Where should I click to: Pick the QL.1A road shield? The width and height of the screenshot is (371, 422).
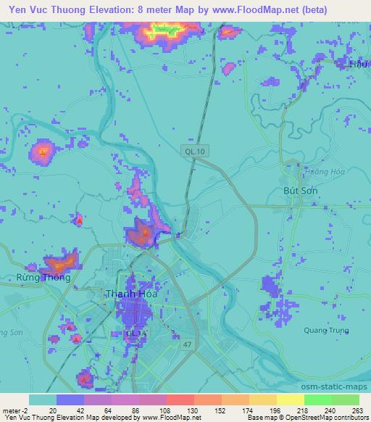click(x=136, y=334)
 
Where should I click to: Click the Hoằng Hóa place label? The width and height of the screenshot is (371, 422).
click(x=307, y=172)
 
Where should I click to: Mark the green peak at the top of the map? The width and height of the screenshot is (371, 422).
click(x=164, y=30)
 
